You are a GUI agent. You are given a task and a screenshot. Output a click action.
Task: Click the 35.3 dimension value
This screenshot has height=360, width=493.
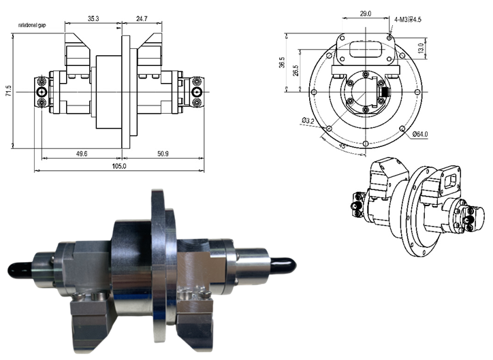point(93,18)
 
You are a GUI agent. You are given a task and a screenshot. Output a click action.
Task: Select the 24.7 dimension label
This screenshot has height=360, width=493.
point(141,18)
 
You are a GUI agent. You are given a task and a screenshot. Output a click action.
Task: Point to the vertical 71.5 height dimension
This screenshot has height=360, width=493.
point(7,91)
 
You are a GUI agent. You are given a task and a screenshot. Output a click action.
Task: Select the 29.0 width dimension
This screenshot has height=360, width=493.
point(365,13)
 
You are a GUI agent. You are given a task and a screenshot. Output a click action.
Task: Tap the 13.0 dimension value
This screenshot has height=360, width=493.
point(421,49)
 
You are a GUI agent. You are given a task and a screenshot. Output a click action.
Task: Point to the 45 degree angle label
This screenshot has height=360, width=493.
point(343,145)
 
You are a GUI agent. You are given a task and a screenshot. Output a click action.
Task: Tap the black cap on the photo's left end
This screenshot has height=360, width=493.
point(17,270)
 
